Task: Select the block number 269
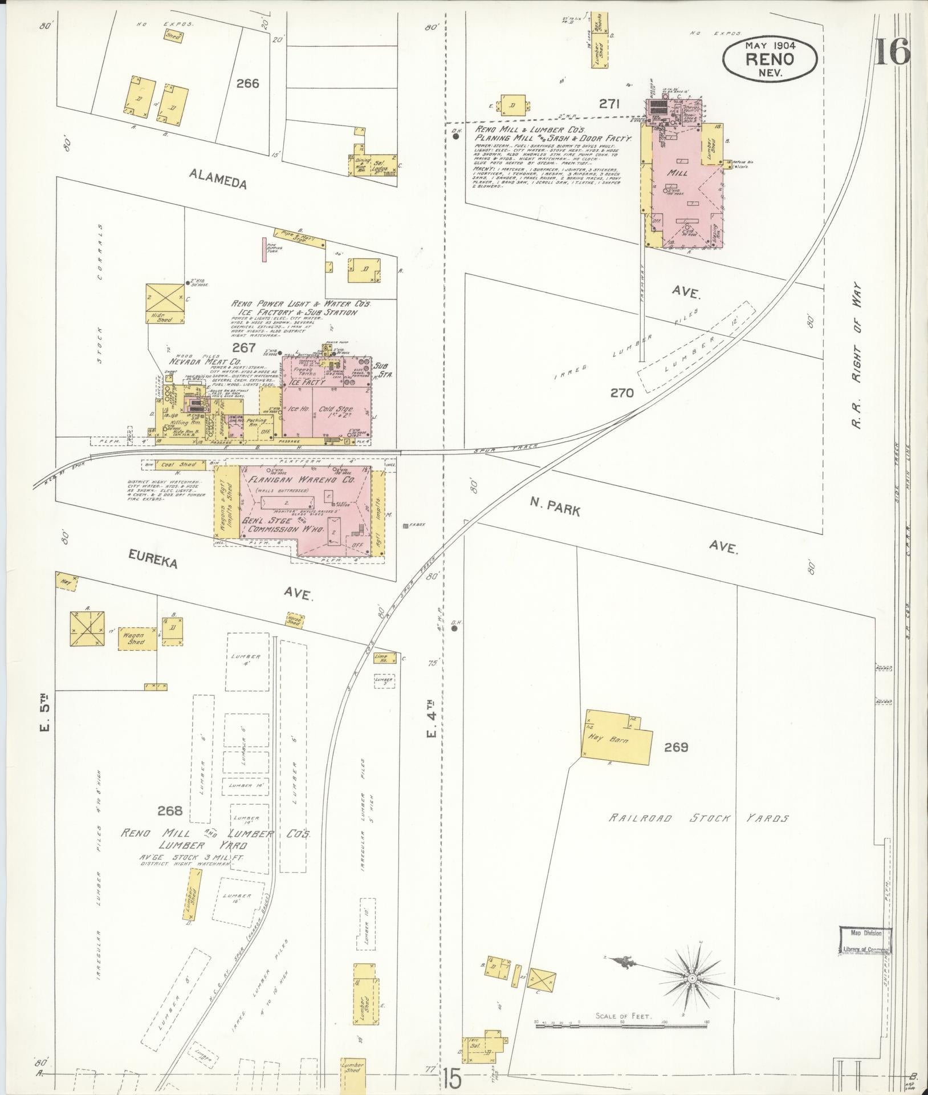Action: coord(676,747)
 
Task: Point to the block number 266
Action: coord(248,83)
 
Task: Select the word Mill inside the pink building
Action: coord(681,172)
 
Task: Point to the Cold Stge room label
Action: coord(336,409)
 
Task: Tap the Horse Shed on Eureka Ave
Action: coord(294,620)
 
